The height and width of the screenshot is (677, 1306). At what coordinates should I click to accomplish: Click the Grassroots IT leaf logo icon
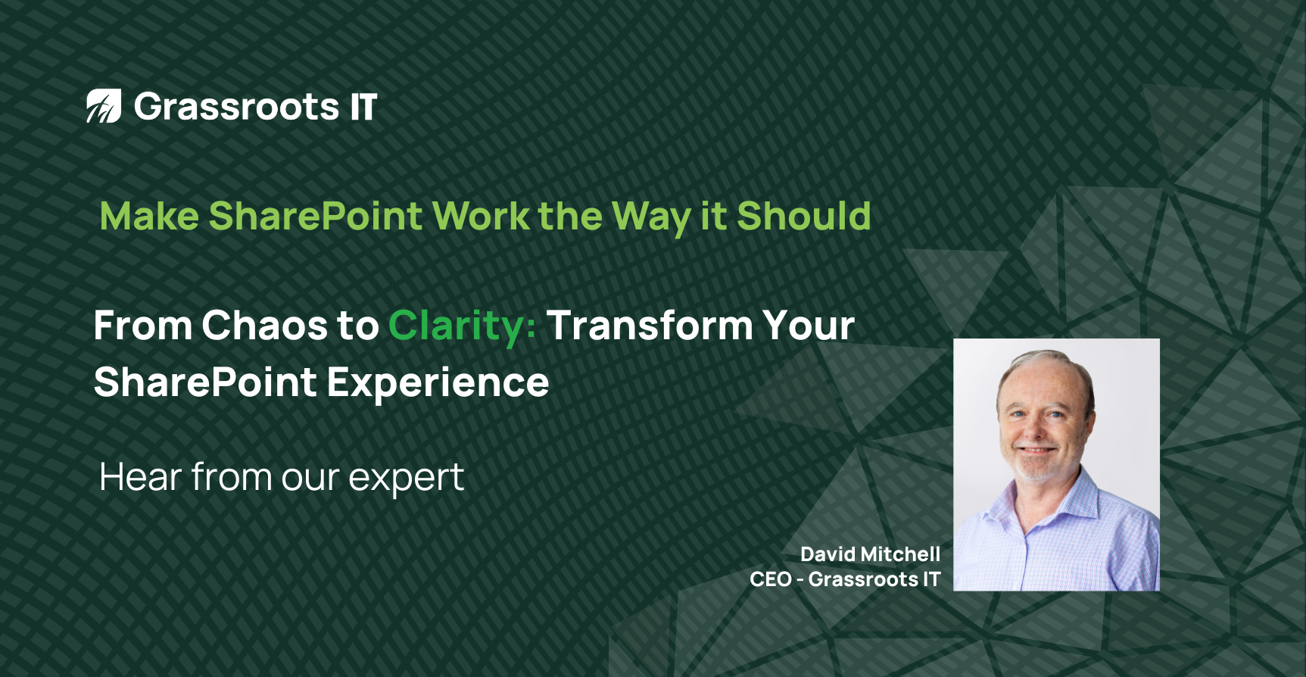104,106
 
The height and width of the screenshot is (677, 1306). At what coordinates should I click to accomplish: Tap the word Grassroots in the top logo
236,107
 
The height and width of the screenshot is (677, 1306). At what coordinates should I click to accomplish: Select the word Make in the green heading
149,217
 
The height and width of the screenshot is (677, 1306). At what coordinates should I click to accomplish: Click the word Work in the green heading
481,217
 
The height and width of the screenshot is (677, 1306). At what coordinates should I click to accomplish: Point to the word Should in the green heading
804,217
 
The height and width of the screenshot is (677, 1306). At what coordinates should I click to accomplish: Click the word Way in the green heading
651,219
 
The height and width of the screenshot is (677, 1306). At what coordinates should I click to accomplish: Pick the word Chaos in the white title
264,326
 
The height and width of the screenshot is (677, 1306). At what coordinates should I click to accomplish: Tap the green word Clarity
462,327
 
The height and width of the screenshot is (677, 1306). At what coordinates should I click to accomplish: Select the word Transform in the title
650,326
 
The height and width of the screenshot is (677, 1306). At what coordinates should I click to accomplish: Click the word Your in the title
809,326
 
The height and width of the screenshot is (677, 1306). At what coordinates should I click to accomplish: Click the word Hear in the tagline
141,477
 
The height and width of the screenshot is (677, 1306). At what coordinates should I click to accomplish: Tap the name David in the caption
828,554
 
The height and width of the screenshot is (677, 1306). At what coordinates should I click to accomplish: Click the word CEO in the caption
771,579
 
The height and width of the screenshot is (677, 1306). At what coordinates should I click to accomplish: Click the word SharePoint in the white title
205,382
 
